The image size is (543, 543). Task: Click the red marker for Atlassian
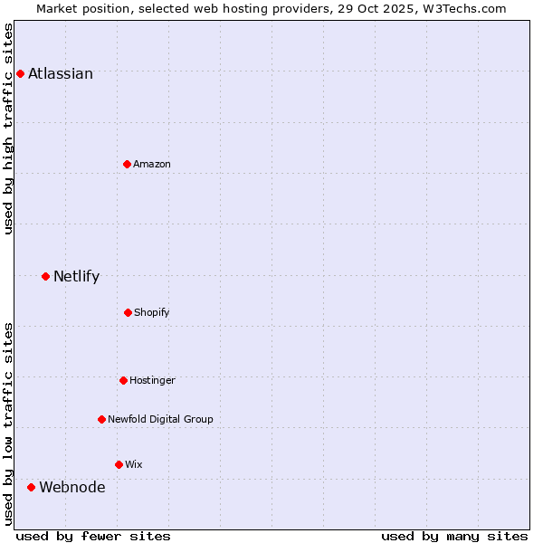(x=20, y=73)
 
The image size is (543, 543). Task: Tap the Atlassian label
(x=61, y=74)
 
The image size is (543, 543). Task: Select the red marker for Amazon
(x=127, y=164)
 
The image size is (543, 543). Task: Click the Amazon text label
(x=152, y=165)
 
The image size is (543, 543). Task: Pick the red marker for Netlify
(x=45, y=276)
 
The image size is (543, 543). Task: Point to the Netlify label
(x=76, y=277)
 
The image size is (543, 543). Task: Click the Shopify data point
(x=128, y=312)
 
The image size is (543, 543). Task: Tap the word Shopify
(x=152, y=313)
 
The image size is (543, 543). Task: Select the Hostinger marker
(x=123, y=380)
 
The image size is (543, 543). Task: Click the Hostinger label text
(x=152, y=381)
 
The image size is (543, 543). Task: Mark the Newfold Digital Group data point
(x=101, y=419)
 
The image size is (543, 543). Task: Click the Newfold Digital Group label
(x=160, y=420)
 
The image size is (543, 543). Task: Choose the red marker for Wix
(x=119, y=464)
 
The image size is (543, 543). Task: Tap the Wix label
(x=134, y=465)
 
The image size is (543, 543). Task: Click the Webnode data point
(x=31, y=487)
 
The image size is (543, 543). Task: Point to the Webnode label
(x=71, y=488)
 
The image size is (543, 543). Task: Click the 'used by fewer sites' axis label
(x=93, y=536)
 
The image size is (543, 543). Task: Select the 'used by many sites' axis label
(x=454, y=536)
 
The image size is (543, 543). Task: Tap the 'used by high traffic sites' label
(x=9, y=129)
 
